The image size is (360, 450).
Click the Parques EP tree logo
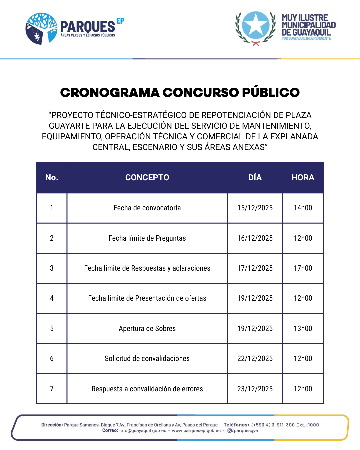(x=41, y=29)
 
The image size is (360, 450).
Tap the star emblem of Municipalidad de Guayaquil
(x=256, y=25)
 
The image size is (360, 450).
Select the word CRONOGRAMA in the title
(x=110, y=93)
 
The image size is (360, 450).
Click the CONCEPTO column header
(x=147, y=178)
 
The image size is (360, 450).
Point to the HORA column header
(x=303, y=178)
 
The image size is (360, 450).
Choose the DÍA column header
(x=255, y=178)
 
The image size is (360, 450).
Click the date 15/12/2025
(x=255, y=208)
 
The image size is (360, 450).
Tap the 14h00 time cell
(x=303, y=208)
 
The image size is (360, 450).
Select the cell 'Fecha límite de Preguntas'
(x=147, y=238)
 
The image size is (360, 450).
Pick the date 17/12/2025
(x=255, y=268)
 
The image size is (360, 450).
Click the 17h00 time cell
(x=303, y=268)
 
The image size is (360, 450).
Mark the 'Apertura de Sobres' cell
(x=147, y=329)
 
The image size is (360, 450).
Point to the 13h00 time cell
(x=303, y=329)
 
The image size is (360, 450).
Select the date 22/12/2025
(x=255, y=359)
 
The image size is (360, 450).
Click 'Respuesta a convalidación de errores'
(x=147, y=389)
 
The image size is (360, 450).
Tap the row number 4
(x=52, y=298)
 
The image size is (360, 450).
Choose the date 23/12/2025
(x=255, y=389)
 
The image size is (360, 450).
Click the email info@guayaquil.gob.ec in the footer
(x=143, y=431)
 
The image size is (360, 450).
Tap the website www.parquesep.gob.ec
(x=196, y=431)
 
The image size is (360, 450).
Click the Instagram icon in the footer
(x=229, y=431)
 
